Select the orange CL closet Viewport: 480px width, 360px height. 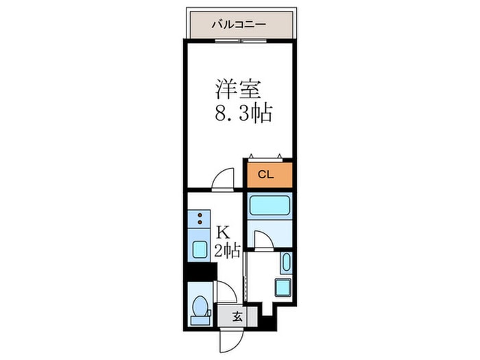tap(269, 174)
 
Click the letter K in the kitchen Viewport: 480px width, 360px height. tap(224, 232)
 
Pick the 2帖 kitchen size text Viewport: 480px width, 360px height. tap(226, 250)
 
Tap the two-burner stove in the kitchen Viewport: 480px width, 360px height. tap(200, 219)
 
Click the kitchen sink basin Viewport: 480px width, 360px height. tap(200, 249)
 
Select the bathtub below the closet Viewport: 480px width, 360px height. tap(269, 206)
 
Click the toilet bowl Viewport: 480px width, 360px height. tap(201, 309)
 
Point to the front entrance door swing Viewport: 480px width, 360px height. tap(229, 337)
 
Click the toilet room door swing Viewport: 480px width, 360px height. tap(227, 293)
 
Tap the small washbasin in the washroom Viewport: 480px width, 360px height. tap(285, 263)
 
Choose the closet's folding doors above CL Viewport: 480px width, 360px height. tap(269, 156)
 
